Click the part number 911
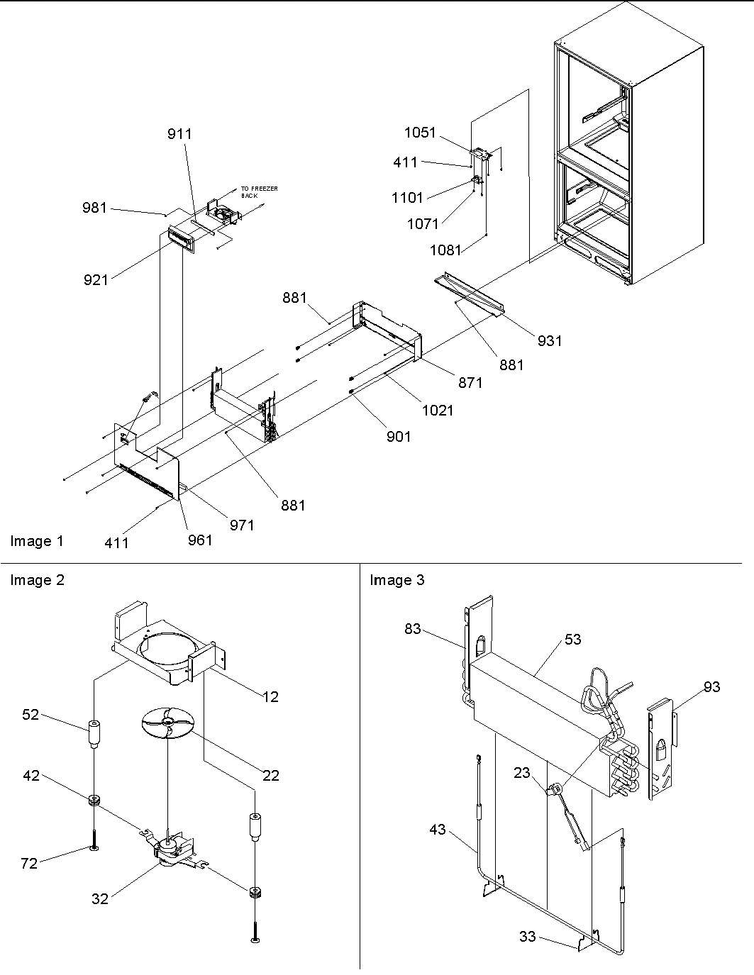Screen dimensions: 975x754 [179, 134]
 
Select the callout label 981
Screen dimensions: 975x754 [94, 207]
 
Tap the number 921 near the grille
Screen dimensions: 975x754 [96, 280]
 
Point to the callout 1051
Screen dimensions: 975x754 [421, 133]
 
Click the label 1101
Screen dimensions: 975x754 [407, 198]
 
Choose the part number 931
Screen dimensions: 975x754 [549, 341]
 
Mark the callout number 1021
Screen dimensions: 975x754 [437, 410]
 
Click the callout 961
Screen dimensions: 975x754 [200, 540]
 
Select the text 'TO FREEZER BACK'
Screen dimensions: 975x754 [259, 191]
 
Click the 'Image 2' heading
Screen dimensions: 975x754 [37, 580]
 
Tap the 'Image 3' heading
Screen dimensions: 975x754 [397, 580]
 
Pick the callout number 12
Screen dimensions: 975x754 [270, 696]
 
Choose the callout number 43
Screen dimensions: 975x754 [438, 829]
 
